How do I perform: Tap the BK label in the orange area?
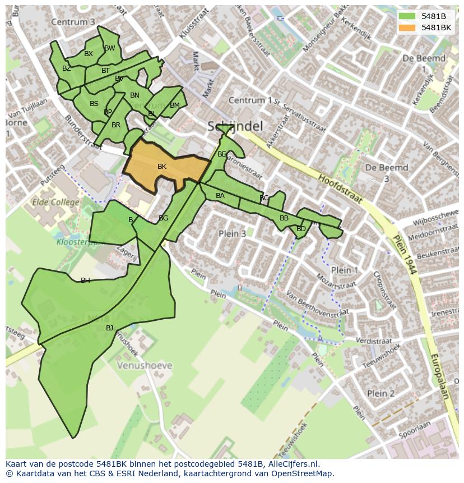162,167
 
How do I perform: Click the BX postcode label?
89,54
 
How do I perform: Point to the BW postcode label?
110,48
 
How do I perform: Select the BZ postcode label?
67,68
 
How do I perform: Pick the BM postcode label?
175,105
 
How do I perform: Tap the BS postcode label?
94,104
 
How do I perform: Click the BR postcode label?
116,125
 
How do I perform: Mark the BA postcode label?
220,196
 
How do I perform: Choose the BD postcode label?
301,229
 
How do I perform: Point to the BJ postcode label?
109,328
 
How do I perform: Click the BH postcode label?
85,280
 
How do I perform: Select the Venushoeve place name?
145,366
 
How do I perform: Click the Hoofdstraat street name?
341,188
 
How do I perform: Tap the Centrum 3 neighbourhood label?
73,22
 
